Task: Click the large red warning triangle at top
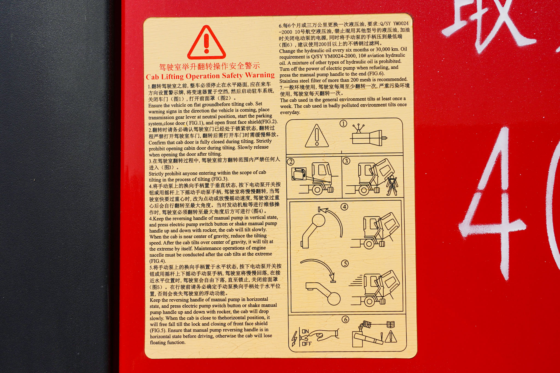click(x=207, y=43)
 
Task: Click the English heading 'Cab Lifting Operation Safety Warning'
click(x=210, y=76)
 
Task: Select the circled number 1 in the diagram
click(x=343, y=124)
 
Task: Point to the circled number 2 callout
click(x=291, y=162)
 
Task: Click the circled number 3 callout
click(x=346, y=161)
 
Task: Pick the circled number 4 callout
click(x=345, y=207)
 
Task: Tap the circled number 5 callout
click(x=345, y=264)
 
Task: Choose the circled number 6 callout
click(x=346, y=319)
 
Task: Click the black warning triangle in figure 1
click(x=317, y=136)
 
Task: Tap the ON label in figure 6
click(x=305, y=331)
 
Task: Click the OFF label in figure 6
click(x=307, y=344)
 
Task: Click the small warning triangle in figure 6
click(x=391, y=337)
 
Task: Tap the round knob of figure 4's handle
click(x=318, y=220)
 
